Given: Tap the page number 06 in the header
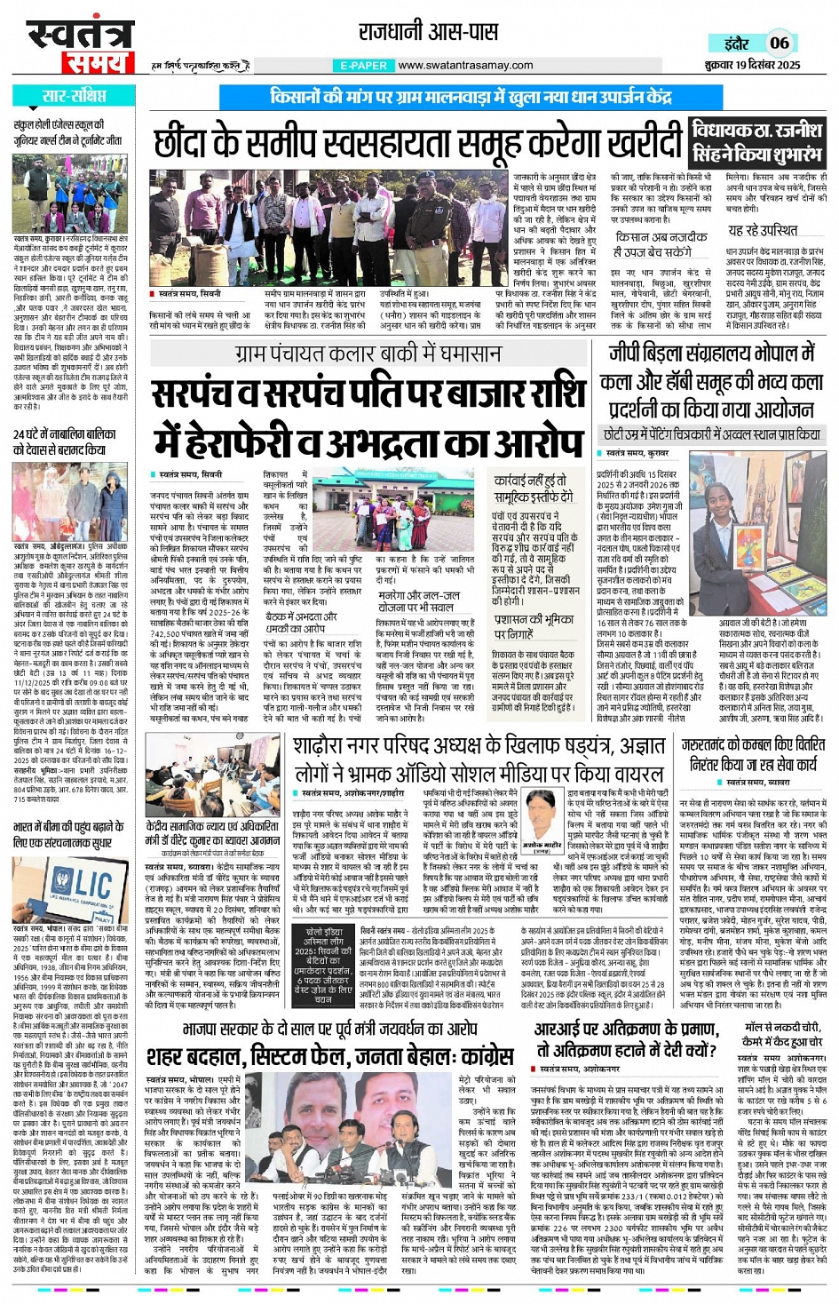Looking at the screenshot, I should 779,43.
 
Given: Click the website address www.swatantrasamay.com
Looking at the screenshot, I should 465,66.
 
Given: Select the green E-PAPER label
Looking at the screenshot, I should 364,66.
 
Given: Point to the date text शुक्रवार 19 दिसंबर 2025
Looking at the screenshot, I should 752,65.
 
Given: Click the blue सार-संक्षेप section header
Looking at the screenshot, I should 74,97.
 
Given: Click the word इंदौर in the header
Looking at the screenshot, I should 736,44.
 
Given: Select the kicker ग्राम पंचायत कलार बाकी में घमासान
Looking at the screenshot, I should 368,354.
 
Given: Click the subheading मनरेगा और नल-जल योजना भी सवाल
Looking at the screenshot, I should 419,601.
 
